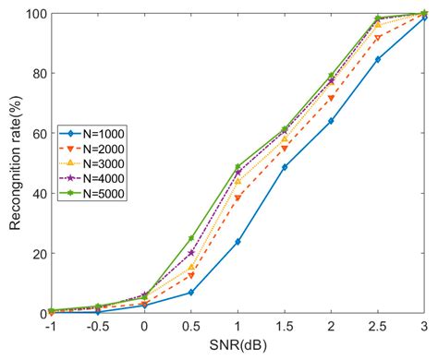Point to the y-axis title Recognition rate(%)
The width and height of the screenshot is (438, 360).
[13, 163]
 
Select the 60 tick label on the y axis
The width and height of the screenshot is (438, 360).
[40, 134]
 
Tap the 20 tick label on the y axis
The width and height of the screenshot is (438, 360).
[40, 253]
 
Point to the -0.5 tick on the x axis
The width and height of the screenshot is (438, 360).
[97, 328]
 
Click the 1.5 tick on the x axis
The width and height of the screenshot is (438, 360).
[284, 328]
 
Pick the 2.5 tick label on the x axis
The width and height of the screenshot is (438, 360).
[377, 328]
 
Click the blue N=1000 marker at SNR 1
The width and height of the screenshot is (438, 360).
[237, 242]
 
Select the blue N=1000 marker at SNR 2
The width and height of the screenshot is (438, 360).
[331, 121]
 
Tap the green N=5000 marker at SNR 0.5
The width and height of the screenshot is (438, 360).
[191, 238]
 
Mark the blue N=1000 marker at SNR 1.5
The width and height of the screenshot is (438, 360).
[285, 167]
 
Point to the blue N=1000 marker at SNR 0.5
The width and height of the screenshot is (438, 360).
[191, 293]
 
